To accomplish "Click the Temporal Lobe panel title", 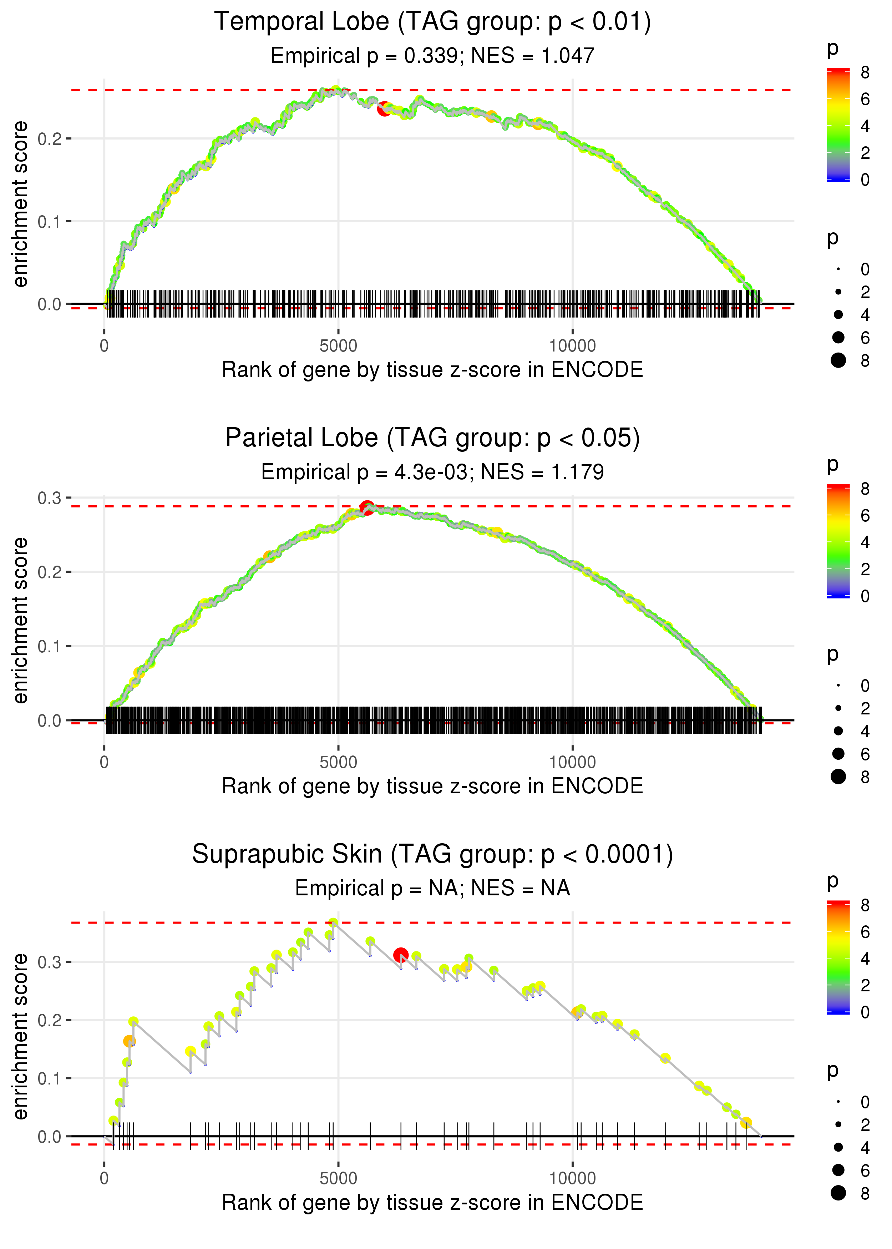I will click(432, 22).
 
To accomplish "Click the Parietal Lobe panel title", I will click(432, 438).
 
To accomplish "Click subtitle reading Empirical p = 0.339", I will click(432, 56).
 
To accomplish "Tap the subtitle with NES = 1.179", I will click(432, 472).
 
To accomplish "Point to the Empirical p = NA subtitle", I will click(432, 889).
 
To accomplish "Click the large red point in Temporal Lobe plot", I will click(385, 109).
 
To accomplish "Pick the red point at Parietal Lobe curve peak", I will click(367, 507).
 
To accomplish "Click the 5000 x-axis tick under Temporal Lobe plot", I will click(338, 346).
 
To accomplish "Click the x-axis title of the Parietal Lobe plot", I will click(432, 786).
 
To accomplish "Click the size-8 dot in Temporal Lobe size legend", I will click(838, 360).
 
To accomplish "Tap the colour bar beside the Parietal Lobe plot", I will click(838, 541).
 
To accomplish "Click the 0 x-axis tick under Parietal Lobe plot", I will click(104, 762).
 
